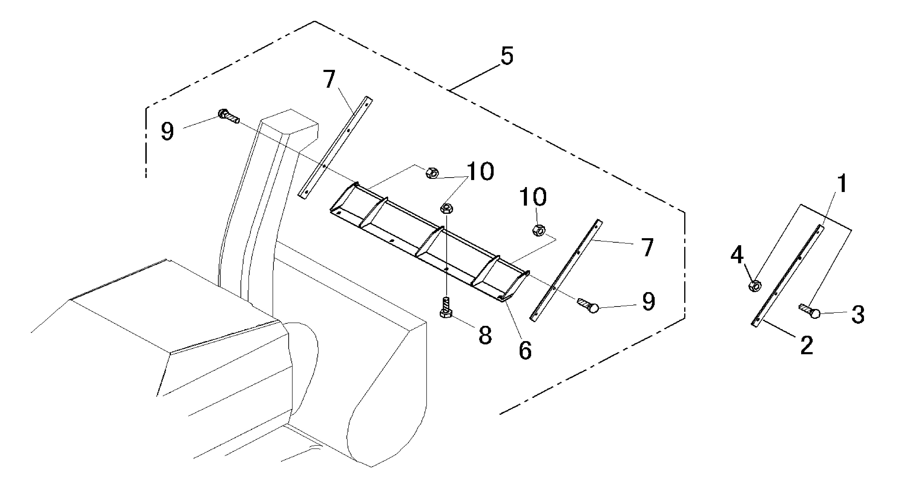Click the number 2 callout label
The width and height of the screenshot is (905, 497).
tap(806, 345)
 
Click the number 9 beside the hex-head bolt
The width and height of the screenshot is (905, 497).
tap(167, 132)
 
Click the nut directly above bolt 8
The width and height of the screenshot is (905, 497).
tap(447, 208)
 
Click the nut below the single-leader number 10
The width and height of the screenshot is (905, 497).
tap(539, 231)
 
